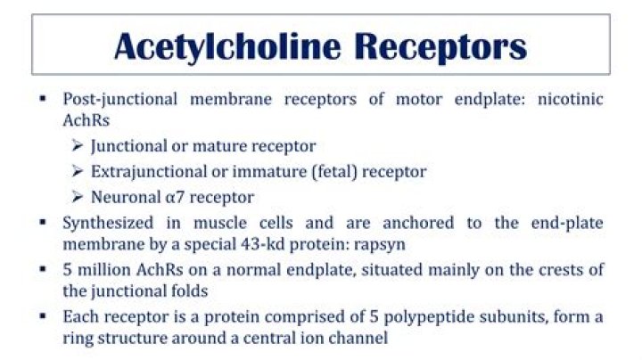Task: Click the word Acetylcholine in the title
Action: [227, 47]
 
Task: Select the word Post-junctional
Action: [120, 100]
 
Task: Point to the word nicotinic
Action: [570, 99]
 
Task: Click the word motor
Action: [419, 100]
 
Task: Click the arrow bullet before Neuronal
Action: [77, 197]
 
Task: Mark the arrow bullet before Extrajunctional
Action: [77, 171]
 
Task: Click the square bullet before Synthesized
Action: [43, 222]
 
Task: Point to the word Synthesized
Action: [108, 224]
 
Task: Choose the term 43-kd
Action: [263, 244]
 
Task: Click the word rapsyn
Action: [379, 245]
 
